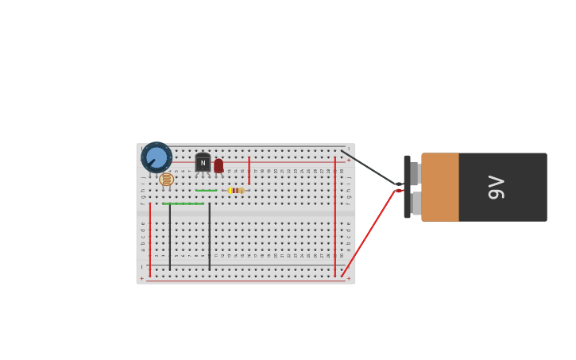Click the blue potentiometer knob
click(157, 157)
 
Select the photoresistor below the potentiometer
click(166, 180)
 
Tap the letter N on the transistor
click(203, 163)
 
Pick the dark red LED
click(218, 166)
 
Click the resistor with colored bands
click(236, 191)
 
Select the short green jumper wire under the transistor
click(206, 191)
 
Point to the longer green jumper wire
click(183, 203)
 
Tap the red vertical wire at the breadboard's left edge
click(149, 238)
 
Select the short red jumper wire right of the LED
click(249, 170)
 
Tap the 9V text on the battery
click(496, 187)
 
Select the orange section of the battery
click(440, 187)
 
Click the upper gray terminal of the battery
click(414, 172)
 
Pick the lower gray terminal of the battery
click(416, 203)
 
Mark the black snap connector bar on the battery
click(407, 187)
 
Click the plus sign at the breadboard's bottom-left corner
click(142, 278)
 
